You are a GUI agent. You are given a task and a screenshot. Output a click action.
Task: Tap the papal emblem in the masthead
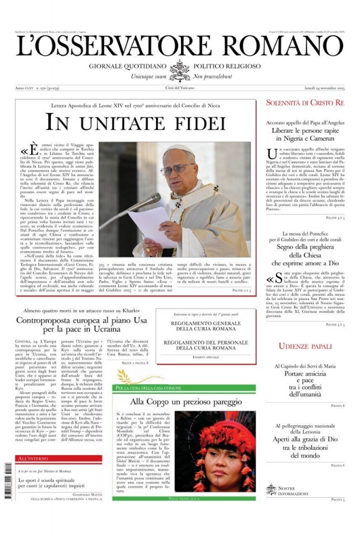(x=180, y=70)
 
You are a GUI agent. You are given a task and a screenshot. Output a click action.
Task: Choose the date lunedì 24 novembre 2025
(x=324, y=88)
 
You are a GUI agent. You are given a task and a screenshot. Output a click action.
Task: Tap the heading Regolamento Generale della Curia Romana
(x=205, y=326)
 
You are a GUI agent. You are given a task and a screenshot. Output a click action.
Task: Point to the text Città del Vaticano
(x=180, y=88)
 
